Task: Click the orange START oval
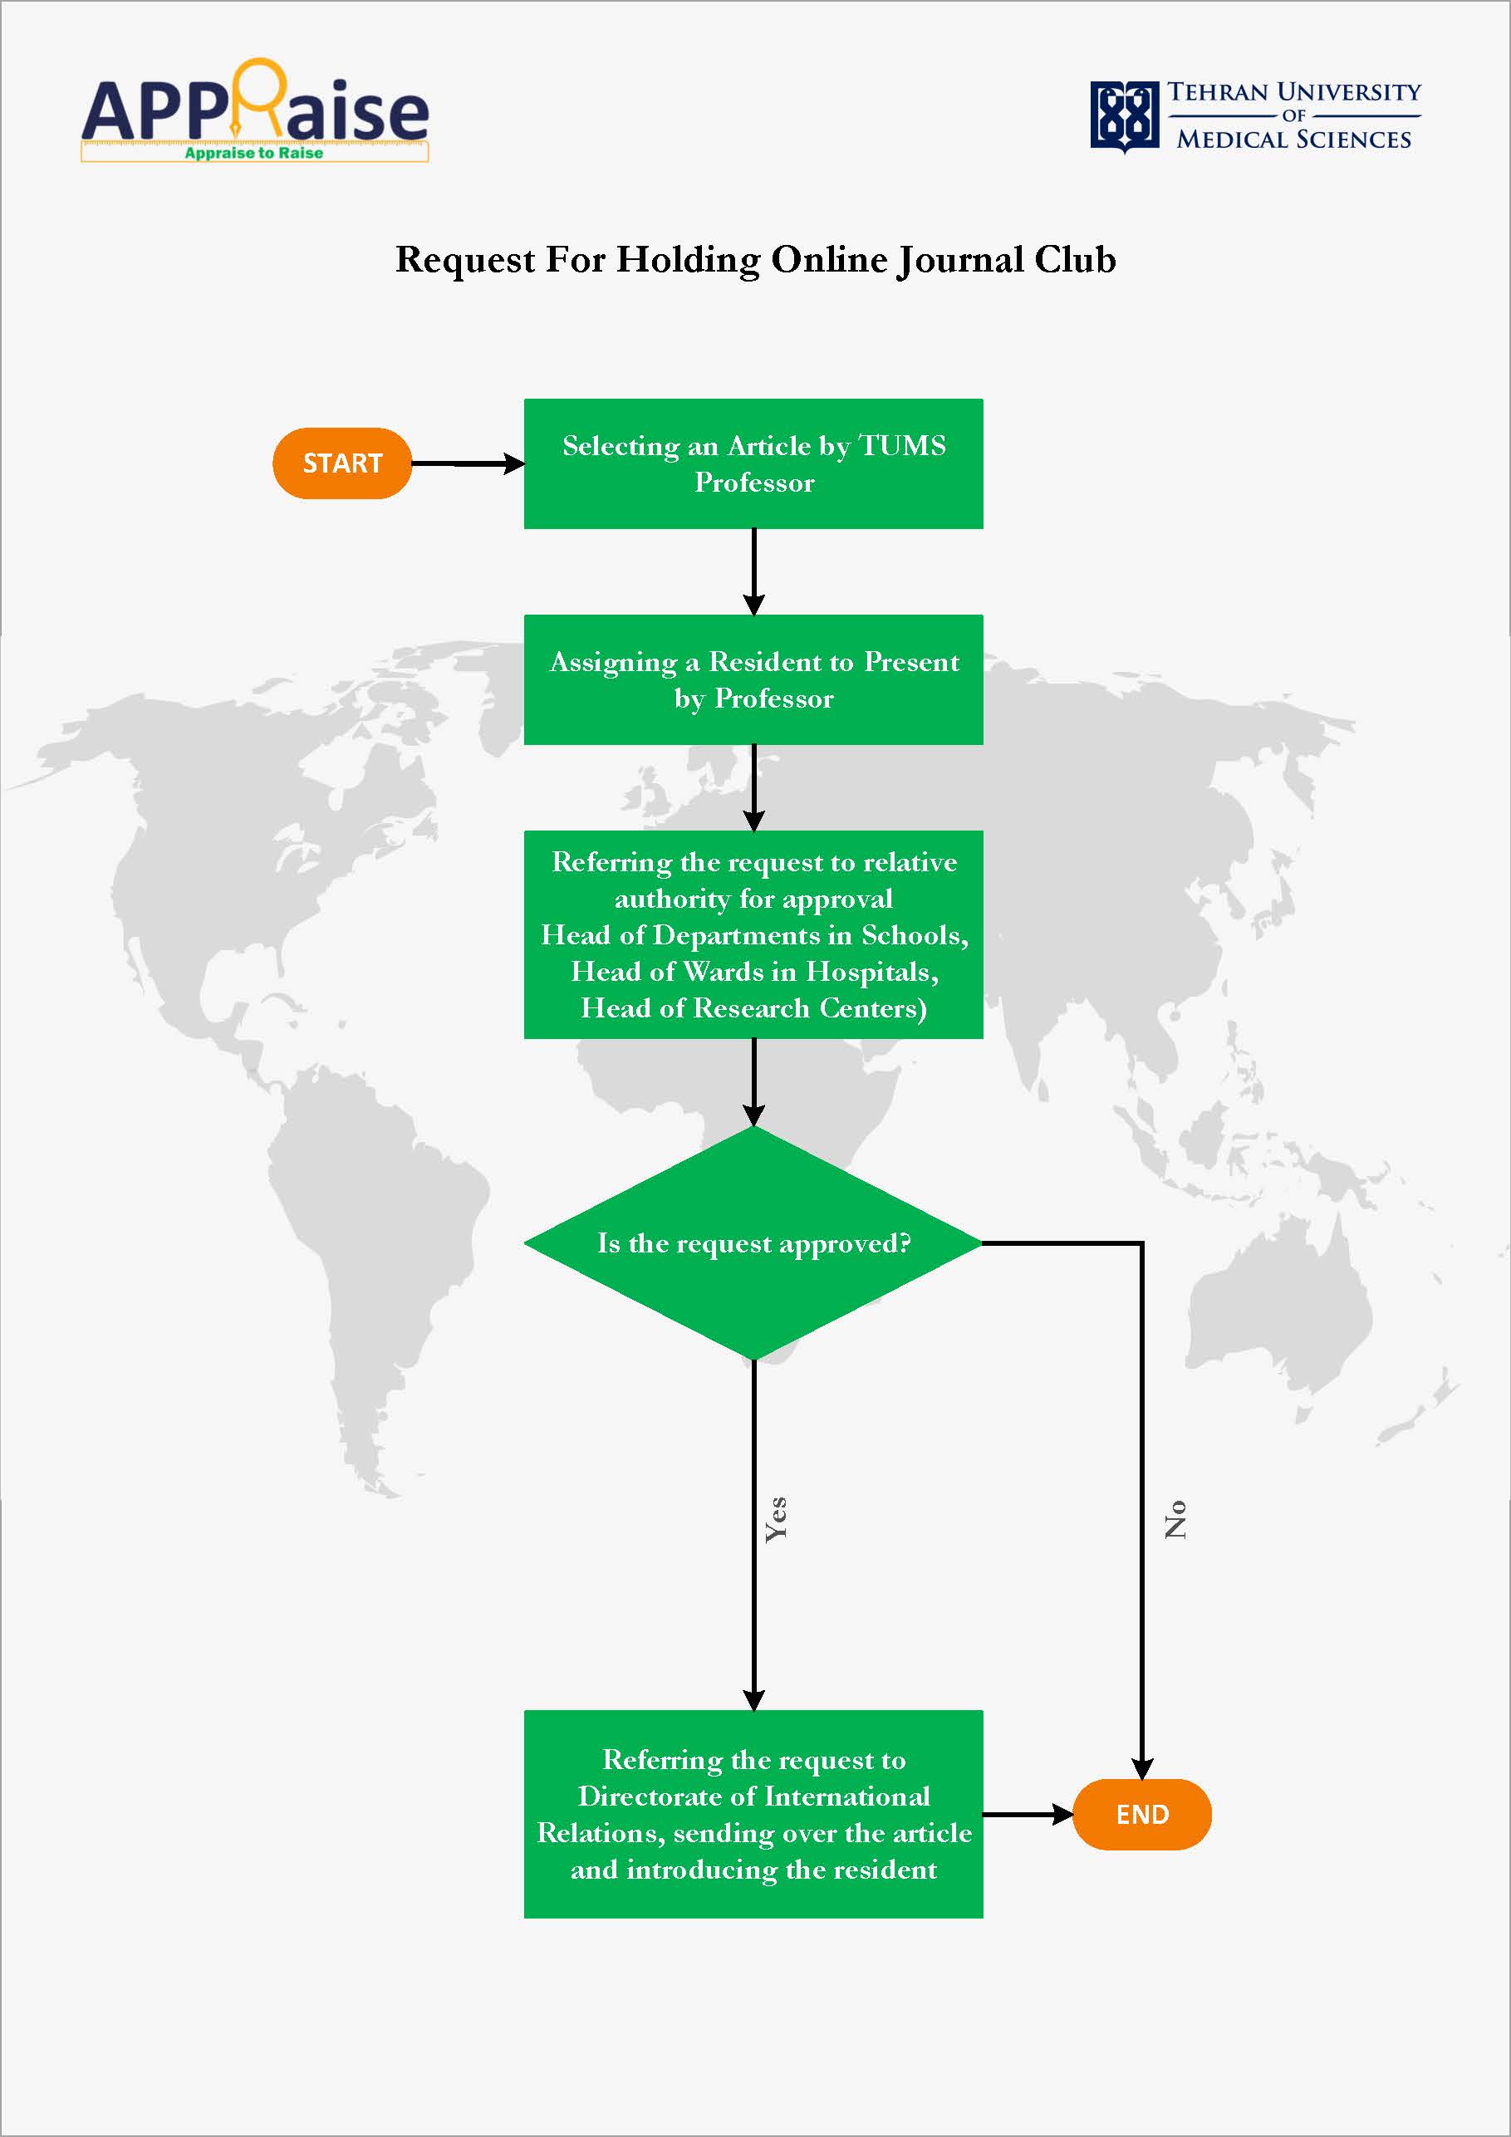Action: pyautogui.click(x=341, y=463)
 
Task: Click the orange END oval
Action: pyautogui.click(x=1141, y=1814)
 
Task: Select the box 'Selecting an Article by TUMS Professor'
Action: pyautogui.click(x=753, y=463)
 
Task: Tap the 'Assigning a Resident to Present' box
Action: pyautogui.click(x=753, y=679)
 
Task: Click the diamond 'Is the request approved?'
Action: pyautogui.click(x=753, y=1242)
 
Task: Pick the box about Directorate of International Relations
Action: pyautogui.click(x=753, y=1814)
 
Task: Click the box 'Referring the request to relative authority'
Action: pyautogui.click(x=753, y=934)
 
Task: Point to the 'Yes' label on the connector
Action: pyautogui.click(x=776, y=1520)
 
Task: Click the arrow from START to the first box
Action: pyautogui.click(x=469, y=463)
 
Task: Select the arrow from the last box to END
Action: pyautogui.click(x=1028, y=1814)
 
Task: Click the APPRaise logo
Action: pyautogui.click(x=255, y=110)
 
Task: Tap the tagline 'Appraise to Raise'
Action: pyautogui.click(x=253, y=153)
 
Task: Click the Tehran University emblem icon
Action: pyautogui.click(x=1125, y=115)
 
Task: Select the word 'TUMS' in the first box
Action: pyautogui.click(x=901, y=446)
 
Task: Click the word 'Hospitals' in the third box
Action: pyautogui.click(x=871, y=972)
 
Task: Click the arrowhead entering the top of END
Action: pyautogui.click(x=1142, y=1768)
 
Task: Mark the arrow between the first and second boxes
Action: pyautogui.click(x=754, y=571)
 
